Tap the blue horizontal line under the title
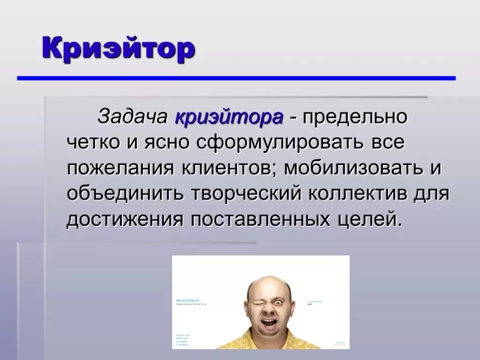point(236,78)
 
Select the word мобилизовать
point(352,168)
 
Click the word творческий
point(244,193)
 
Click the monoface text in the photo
point(187,300)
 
